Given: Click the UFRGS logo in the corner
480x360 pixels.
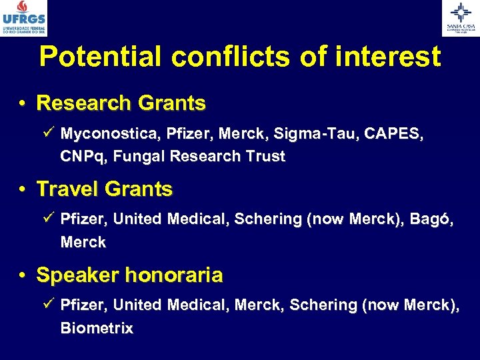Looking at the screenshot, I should (24, 18).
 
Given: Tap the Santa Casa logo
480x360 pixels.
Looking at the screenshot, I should (461, 18).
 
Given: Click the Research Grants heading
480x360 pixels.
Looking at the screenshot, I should (121, 103).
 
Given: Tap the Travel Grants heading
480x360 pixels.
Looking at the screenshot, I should (104, 189).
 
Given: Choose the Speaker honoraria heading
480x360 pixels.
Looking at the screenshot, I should (129, 275).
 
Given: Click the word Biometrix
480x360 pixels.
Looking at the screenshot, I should (97, 328).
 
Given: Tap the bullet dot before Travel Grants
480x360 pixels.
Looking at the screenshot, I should (23, 190).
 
